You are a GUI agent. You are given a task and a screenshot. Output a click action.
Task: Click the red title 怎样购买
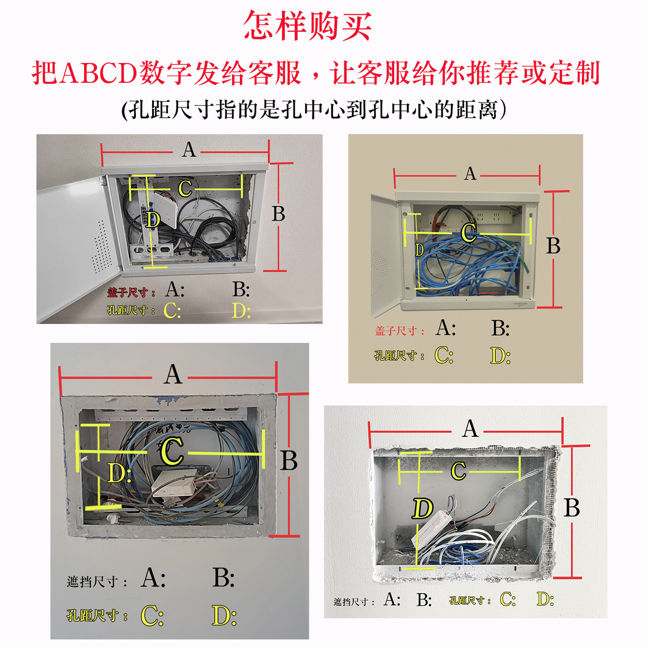pos(308,26)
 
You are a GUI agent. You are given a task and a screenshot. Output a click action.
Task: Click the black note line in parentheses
pos(314,109)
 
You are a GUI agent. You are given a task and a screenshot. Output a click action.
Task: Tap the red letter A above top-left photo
pos(189,149)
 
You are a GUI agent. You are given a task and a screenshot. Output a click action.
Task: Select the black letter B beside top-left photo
pos(279,214)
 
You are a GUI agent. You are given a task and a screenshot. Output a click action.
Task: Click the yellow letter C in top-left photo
pos(185,189)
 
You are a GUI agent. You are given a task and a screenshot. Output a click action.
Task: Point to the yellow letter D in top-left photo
pos(153,220)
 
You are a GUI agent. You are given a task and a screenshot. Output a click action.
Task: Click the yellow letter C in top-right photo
pos(469,232)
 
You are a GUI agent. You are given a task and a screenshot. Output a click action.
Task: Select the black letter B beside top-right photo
pos(553,246)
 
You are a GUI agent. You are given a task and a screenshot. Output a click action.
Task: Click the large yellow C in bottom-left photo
pos(172,451)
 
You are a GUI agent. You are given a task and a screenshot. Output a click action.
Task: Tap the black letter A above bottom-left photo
pos(173,374)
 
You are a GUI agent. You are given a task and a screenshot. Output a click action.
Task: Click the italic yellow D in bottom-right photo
pos(422,508)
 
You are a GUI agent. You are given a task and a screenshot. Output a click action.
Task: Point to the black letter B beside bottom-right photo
pos(571,508)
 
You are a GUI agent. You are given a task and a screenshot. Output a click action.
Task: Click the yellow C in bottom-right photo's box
pos(458,471)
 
